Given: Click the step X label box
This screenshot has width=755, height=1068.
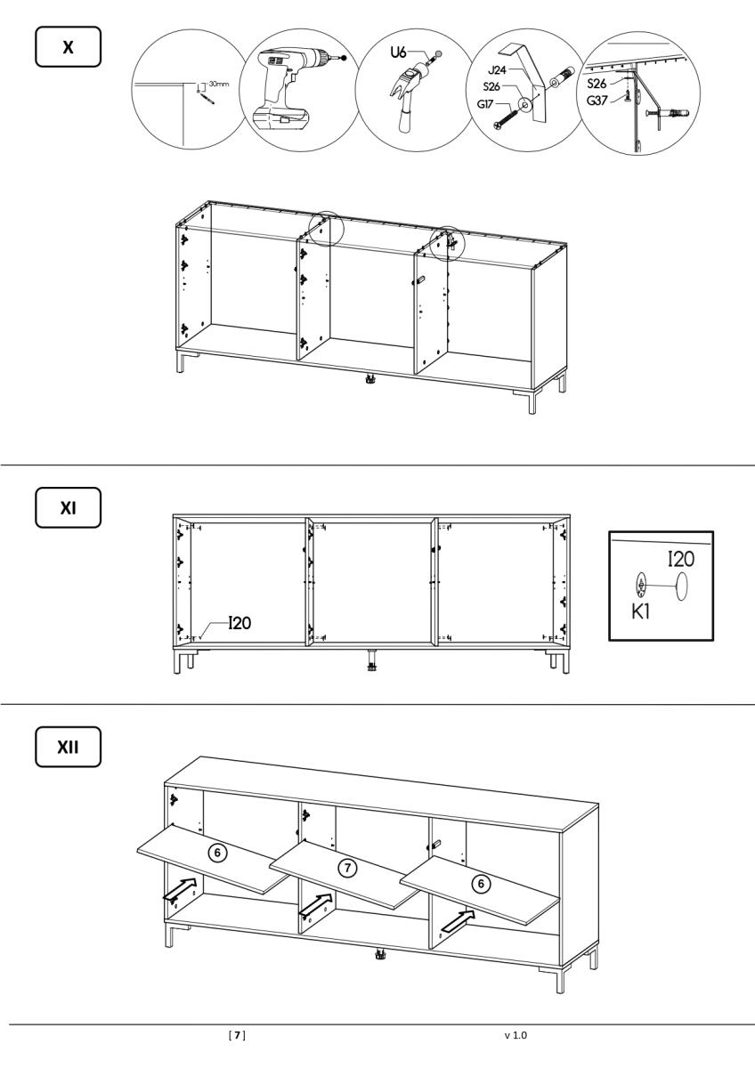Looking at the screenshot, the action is tap(69, 46).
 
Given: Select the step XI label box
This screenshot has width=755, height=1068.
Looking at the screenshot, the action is tap(69, 508).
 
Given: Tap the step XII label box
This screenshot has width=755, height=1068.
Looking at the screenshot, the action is tap(69, 747).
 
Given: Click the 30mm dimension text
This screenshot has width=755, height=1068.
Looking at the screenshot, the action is tap(219, 84).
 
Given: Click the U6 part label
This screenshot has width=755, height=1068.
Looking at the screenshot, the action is tap(398, 52).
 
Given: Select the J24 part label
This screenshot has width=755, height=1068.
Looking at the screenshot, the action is tap(497, 70).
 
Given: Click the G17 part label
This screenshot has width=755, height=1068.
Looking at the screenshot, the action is tap(485, 103).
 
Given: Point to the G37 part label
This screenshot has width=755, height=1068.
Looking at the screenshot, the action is tap(597, 101).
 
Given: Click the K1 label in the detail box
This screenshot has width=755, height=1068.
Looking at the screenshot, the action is tap(640, 611).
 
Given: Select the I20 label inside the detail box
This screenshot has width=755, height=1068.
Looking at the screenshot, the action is tap(681, 559).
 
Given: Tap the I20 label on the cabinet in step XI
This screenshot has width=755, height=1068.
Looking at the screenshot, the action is tap(239, 623).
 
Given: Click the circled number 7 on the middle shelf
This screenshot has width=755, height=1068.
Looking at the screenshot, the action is tap(347, 868).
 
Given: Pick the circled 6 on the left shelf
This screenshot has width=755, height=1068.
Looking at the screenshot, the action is tap(217, 853).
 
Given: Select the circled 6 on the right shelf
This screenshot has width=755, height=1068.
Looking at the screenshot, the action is tap(481, 884).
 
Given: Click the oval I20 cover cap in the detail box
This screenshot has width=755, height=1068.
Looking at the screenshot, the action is tap(681, 586).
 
